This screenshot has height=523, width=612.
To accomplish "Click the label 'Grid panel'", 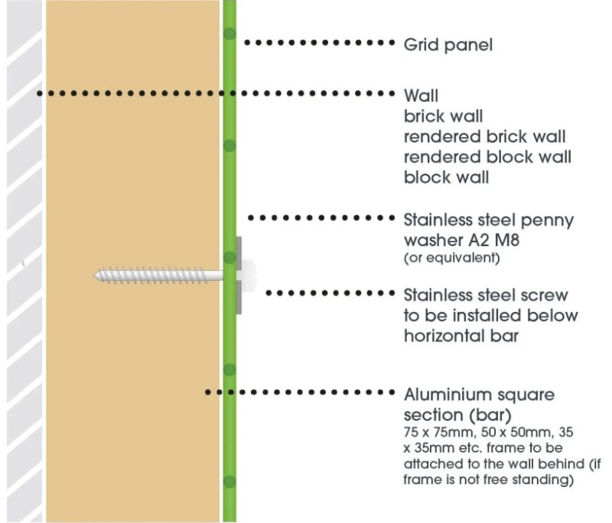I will coord(448,44).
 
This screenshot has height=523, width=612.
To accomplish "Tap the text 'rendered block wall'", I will coord(487,158).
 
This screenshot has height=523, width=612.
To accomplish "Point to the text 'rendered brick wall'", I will coord(484,138).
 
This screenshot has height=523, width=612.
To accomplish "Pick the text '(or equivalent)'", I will coord(451,258).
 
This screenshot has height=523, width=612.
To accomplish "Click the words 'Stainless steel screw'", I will coord(486,295).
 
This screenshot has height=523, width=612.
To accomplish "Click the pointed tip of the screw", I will coord(97,273).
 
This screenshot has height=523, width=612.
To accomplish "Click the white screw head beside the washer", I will coord(249,273).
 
